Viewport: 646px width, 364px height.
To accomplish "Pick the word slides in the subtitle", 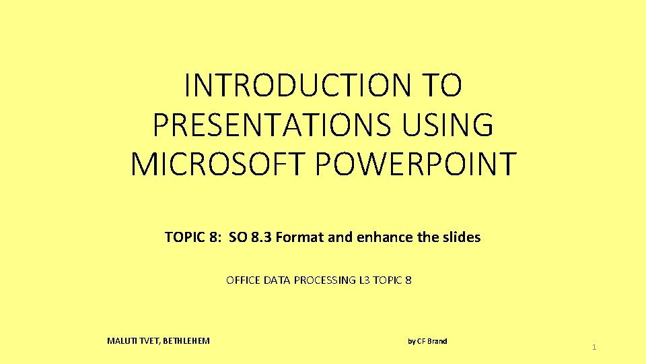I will click(x=460, y=237).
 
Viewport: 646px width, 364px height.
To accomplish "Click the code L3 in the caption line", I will click(x=366, y=280).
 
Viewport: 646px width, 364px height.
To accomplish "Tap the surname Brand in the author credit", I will click(x=437, y=341).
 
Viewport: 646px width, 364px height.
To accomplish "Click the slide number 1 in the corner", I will click(x=594, y=347).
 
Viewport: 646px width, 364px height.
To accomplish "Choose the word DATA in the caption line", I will click(x=278, y=280).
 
